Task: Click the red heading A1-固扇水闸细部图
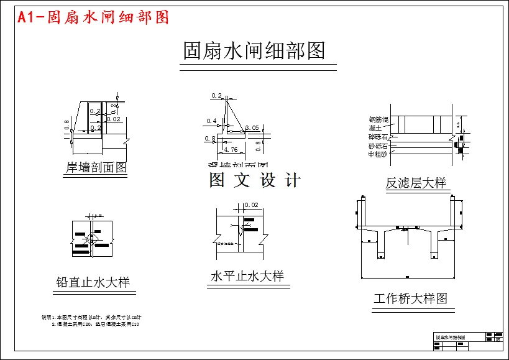click(93, 17)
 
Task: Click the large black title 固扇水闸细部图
click(254, 50)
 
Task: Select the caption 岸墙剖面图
click(96, 167)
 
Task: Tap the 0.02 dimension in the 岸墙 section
click(114, 119)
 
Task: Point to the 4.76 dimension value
click(231, 150)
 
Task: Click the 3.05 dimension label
click(252, 127)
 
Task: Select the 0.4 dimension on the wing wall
click(211, 121)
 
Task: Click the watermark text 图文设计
click(255, 180)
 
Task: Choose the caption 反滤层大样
click(416, 183)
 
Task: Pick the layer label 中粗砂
click(378, 154)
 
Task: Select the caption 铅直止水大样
click(93, 282)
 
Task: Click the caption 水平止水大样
click(247, 276)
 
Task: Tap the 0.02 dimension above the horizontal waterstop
click(251, 205)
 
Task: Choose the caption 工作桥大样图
click(410, 298)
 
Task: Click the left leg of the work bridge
click(381, 245)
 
